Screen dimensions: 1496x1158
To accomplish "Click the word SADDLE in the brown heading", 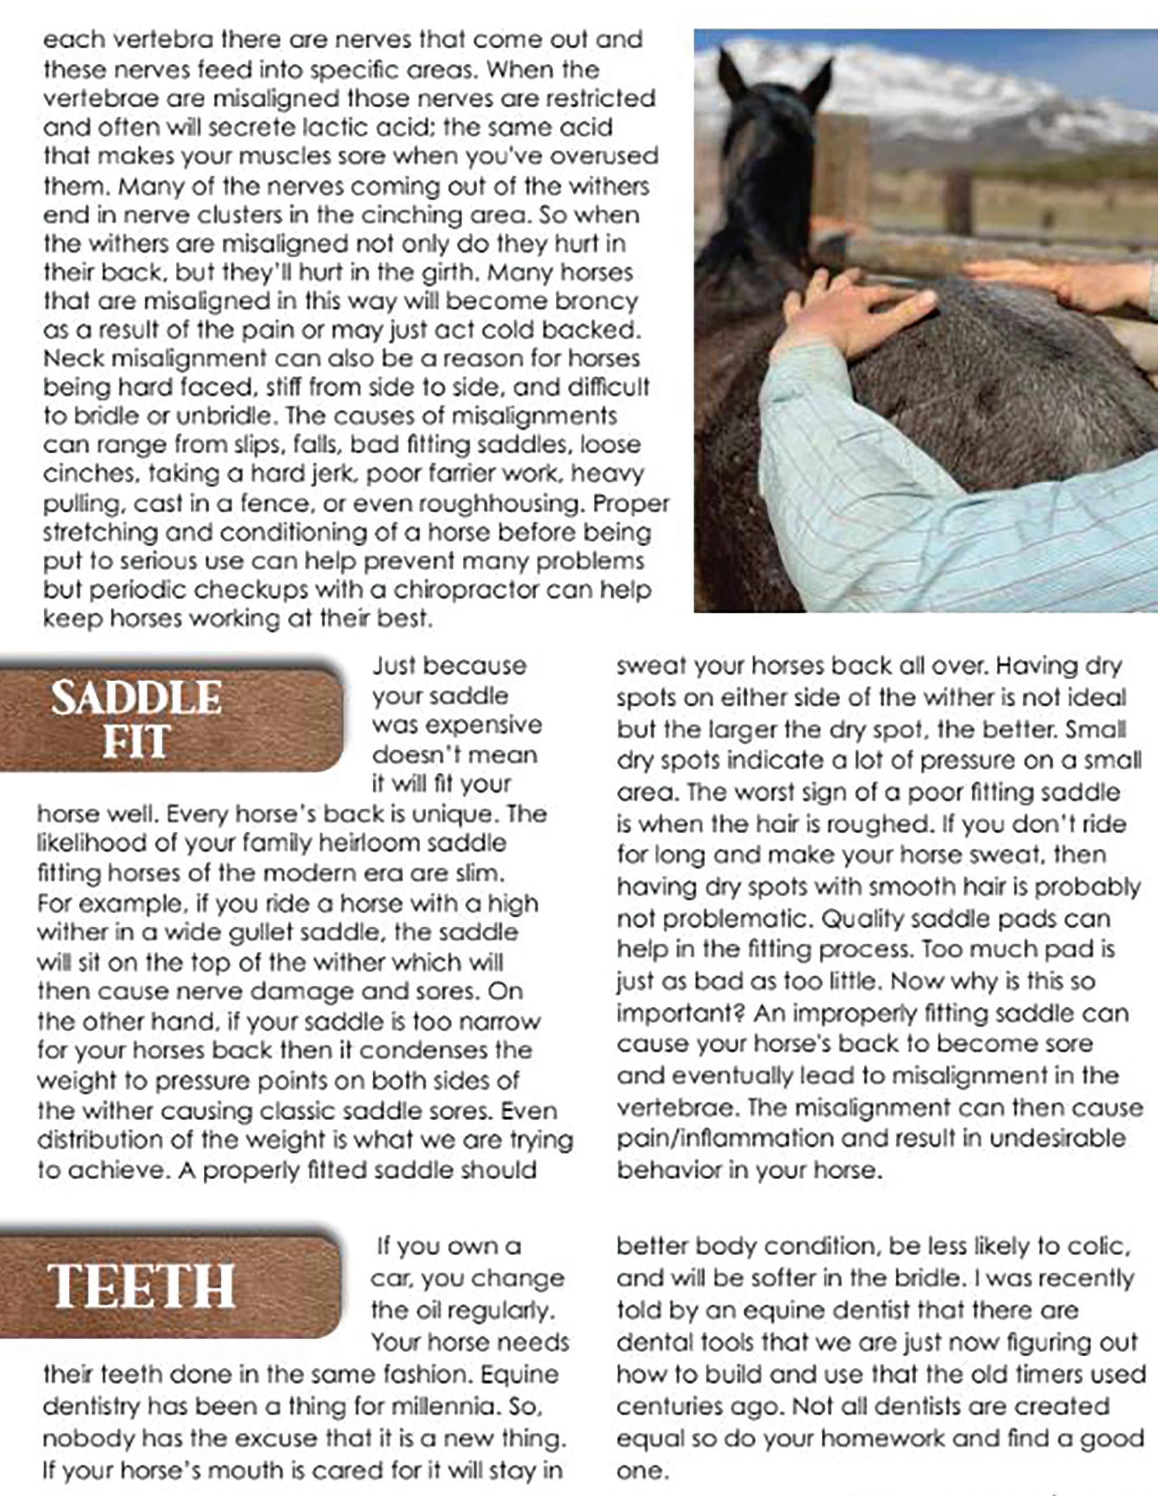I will (136, 698).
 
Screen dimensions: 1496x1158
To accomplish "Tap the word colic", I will (1100, 1247).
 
